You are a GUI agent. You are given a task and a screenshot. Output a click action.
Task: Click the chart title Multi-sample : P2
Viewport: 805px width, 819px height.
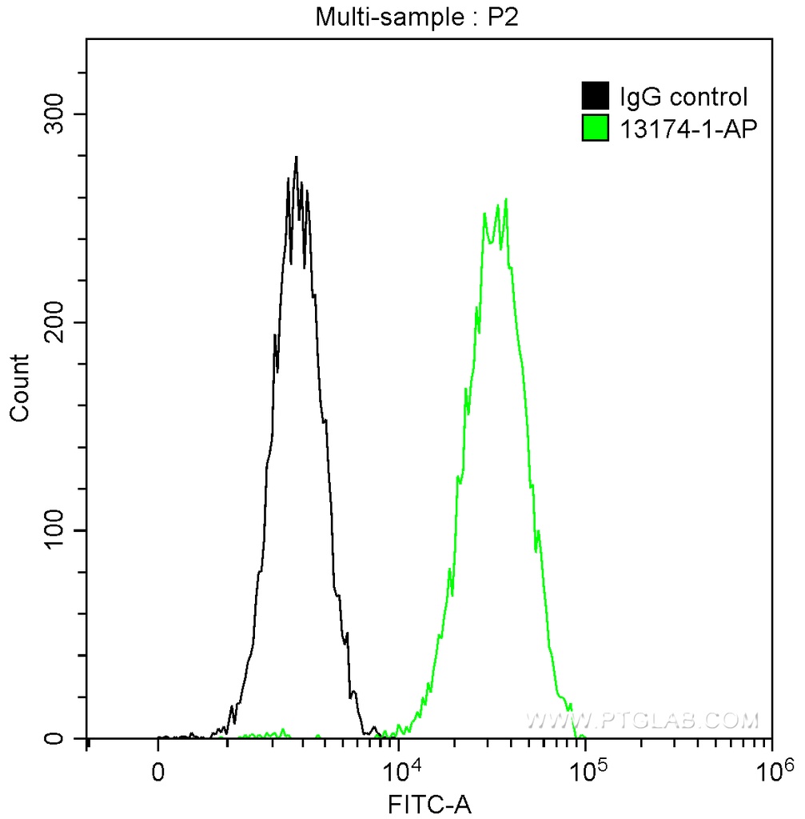(417, 18)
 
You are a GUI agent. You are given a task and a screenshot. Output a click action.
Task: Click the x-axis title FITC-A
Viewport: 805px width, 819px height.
(429, 804)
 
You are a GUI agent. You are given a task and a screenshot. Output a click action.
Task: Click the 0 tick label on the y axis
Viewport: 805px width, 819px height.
(67, 738)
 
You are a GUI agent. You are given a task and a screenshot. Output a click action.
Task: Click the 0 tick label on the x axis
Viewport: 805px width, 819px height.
(158, 773)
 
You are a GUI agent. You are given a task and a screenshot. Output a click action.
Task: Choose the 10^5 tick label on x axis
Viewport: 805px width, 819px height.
(587, 771)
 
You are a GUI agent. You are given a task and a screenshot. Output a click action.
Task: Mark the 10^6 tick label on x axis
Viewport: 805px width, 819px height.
(772, 771)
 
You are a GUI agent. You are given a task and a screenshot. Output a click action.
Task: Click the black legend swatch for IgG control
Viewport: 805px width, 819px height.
(596, 96)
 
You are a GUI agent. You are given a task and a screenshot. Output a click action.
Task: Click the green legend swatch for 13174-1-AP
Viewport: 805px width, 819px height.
(596, 128)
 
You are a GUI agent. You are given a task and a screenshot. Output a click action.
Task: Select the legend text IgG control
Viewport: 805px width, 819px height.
(683, 98)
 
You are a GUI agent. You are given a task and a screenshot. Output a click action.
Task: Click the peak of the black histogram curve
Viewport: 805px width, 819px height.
(296, 158)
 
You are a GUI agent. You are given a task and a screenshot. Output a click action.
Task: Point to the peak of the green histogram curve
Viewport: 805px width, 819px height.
(506, 200)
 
